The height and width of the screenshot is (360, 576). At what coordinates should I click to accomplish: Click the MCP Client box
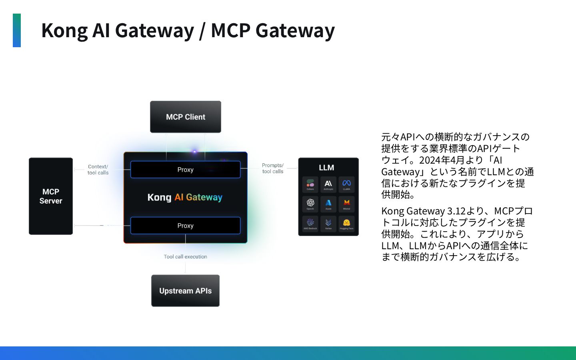coord(185,117)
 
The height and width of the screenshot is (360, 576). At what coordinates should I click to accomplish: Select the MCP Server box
coord(51,196)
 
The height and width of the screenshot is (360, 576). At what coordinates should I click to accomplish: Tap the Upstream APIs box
coord(185,291)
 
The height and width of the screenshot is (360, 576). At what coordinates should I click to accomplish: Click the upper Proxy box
coord(185,170)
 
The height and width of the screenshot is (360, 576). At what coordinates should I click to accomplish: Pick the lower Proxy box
coord(185,226)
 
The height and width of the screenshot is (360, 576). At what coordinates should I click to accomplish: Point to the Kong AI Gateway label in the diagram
coord(185,197)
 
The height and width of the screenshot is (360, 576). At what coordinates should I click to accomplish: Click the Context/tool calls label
coord(98,170)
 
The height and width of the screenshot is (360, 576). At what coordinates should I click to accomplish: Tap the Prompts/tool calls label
coord(273,168)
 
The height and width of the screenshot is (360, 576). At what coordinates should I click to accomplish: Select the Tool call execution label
coord(185,257)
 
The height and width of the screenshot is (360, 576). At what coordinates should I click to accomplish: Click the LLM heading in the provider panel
coord(326,168)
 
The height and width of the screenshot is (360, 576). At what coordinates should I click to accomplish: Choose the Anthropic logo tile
coord(328,184)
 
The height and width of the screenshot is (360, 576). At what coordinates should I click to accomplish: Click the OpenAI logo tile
coord(310,204)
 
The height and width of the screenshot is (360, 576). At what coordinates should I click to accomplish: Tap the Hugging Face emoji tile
coord(346,223)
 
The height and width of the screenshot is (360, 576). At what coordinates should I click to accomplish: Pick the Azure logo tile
coord(328,204)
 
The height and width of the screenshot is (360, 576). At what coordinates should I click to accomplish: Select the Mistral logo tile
coord(346,204)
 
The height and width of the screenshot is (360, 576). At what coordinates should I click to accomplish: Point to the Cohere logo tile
coord(310,184)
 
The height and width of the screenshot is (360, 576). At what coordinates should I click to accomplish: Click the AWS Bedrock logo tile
coord(310,223)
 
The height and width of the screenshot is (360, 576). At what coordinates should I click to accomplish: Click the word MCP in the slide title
coord(230,31)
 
